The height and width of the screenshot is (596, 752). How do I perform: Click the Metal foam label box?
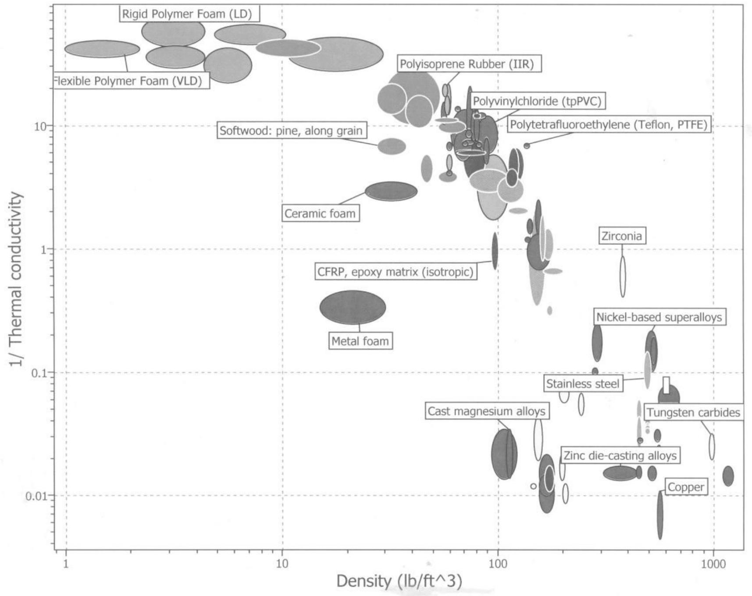tap(360, 341)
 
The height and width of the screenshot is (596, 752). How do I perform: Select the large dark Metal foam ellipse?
tap(353, 307)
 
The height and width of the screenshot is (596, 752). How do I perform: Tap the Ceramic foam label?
tap(320, 213)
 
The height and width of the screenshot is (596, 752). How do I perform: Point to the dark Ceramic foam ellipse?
tap(391, 191)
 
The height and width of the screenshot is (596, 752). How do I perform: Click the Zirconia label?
tap(621, 236)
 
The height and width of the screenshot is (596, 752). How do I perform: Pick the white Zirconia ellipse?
tap(622, 277)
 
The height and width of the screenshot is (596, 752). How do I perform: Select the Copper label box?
tap(686, 487)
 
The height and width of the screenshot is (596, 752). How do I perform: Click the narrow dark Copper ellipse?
tap(660, 514)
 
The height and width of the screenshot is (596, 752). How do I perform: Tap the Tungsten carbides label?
tap(693, 412)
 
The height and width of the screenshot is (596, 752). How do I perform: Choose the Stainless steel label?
tap(582, 384)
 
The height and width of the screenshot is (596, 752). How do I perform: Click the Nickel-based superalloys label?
tap(659, 317)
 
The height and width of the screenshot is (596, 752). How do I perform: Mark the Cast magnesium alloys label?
tap(486, 411)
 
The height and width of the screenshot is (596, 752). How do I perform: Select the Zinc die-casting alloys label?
tap(620, 456)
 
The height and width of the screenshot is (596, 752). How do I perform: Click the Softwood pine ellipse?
tap(392, 146)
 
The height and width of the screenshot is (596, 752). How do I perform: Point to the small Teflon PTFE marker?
tap(527, 145)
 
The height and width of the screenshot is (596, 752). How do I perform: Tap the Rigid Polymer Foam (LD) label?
tap(187, 14)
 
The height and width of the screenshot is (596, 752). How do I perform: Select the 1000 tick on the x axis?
tap(713, 563)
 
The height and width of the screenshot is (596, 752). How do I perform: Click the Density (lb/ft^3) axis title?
tap(399, 581)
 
